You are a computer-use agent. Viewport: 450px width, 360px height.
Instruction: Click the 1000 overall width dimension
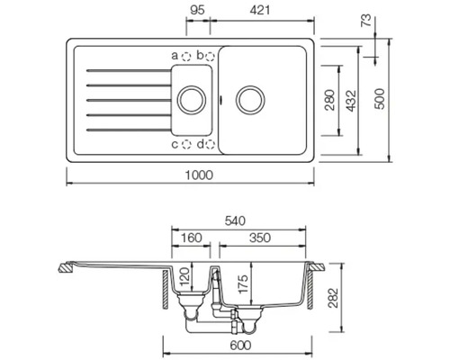tap(199, 175)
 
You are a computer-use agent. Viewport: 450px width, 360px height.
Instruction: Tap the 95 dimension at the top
tap(197, 10)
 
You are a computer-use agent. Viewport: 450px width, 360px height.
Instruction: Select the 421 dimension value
tap(260, 10)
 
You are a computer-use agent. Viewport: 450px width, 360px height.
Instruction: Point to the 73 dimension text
tap(366, 21)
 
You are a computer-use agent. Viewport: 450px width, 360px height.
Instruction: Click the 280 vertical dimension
tap(329, 100)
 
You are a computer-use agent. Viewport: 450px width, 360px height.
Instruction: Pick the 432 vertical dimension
tap(351, 101)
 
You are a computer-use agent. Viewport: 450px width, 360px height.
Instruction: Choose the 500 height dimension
tap(380, 99)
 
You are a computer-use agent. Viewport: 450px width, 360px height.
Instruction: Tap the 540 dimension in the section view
tap(235, 221)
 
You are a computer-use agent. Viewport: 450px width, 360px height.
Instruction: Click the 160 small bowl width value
tap(192, 238)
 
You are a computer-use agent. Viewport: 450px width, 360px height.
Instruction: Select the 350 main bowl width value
tap(260, 238)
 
